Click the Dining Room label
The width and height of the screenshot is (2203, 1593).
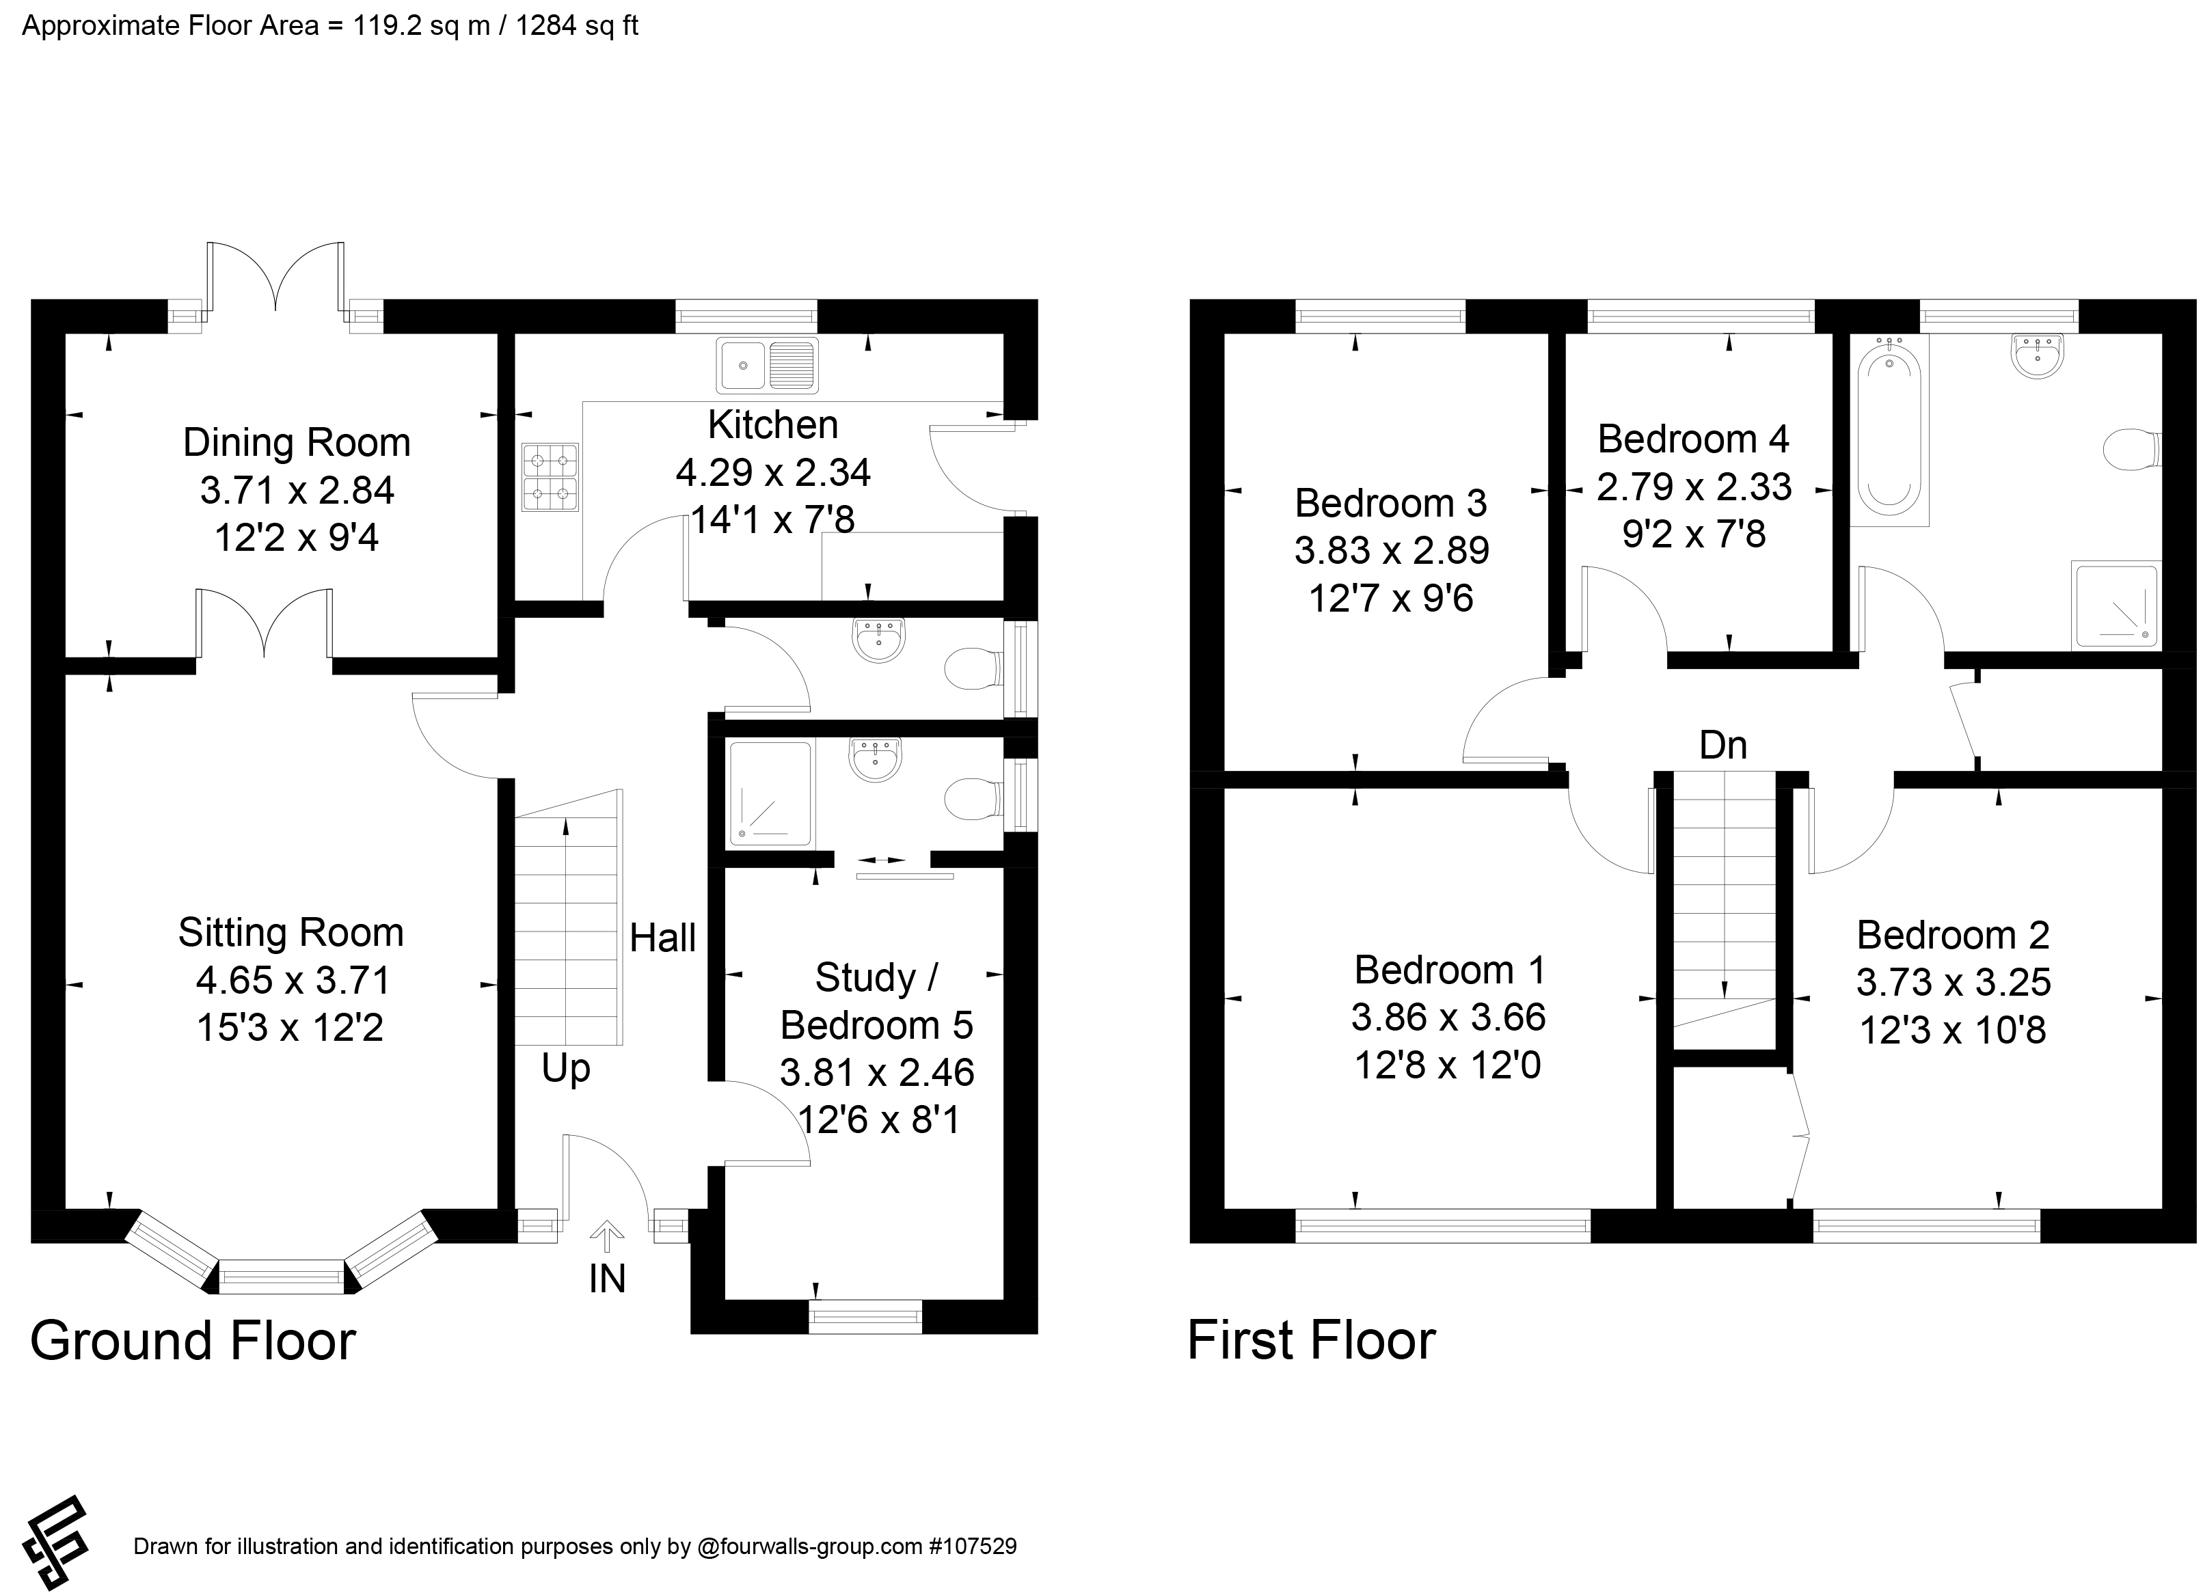click(296, 443)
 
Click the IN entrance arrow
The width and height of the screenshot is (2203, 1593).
click(607, 1236)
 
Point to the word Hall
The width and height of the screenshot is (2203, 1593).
click(662, 938)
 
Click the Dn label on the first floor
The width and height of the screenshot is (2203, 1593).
click(1723, 745)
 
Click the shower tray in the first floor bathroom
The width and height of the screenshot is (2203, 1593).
click(2118, 604)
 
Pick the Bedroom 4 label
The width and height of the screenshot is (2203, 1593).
click(1693, 439)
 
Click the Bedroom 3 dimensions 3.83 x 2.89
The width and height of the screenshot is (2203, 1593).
click(1392, 551)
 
